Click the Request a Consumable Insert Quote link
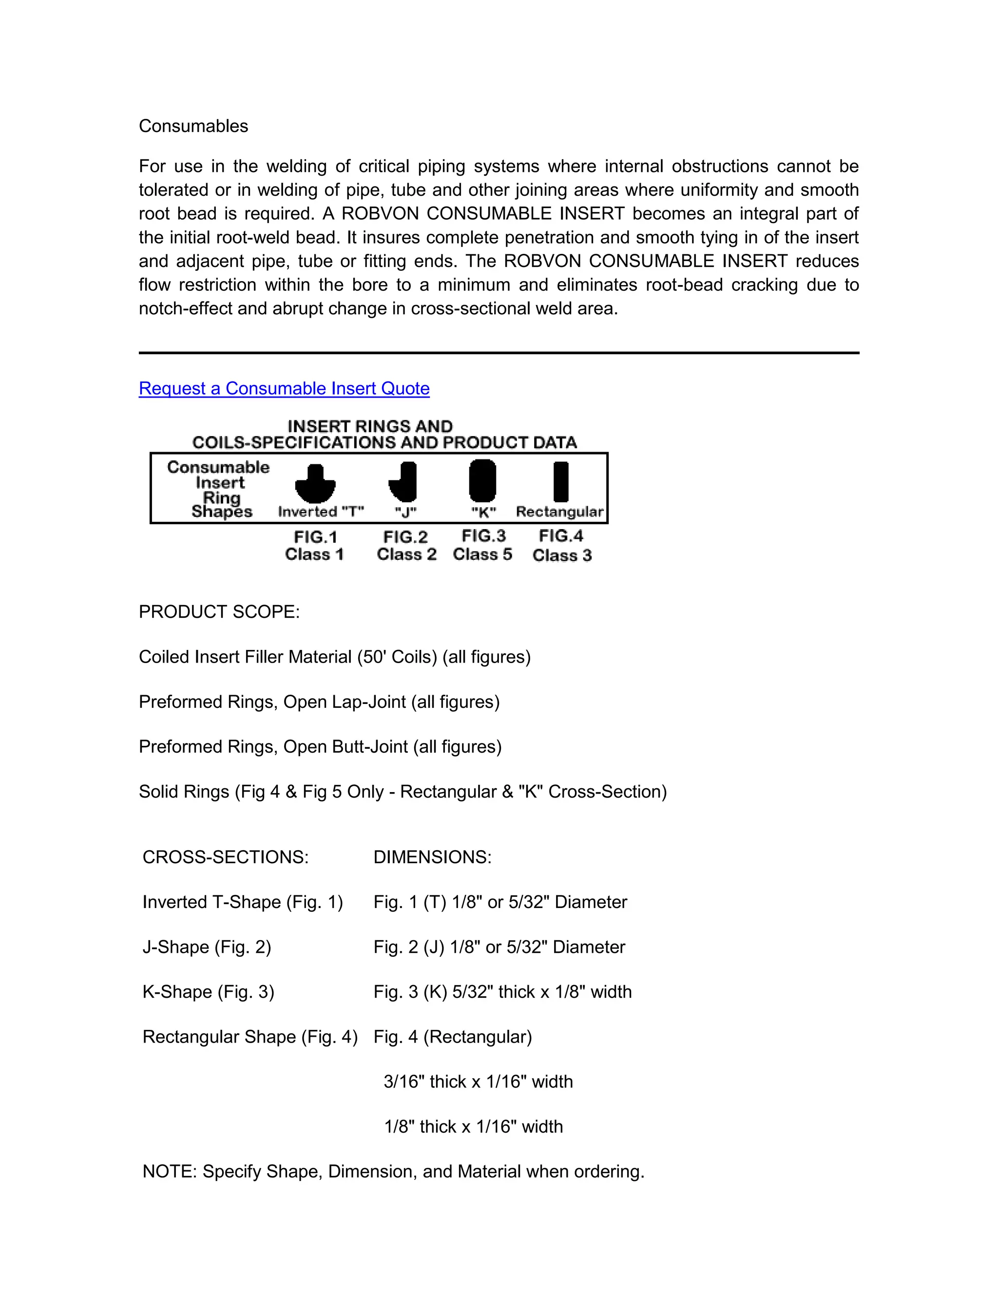284,388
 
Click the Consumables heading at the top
193,126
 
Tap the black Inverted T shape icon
315,484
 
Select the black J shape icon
404,482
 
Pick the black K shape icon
482,480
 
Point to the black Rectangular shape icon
560,482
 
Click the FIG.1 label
315,537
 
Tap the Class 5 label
482,554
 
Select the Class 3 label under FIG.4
562,555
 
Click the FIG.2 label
405,537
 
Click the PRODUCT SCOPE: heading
219,612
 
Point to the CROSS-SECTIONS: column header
225,857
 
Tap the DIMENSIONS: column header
432,857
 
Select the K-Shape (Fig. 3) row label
208,992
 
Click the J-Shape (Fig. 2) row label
206,947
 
